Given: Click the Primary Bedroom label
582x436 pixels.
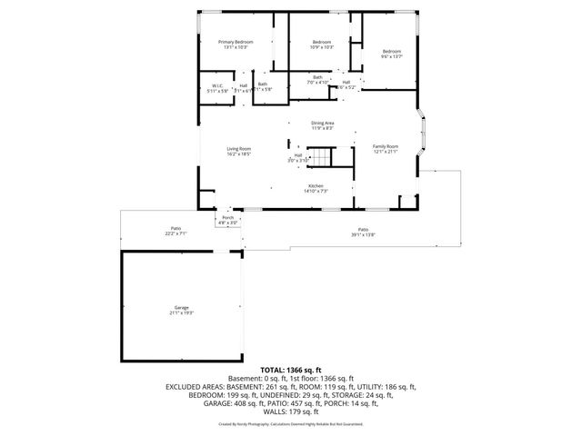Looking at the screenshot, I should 236,43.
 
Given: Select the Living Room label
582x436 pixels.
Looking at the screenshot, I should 239,149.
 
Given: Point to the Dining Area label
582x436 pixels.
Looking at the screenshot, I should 323,124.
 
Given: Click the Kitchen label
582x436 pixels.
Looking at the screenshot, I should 316,186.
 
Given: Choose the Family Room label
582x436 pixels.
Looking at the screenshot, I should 386,146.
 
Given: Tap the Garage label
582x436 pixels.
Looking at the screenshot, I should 182,309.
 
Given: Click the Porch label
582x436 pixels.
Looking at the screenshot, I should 228,218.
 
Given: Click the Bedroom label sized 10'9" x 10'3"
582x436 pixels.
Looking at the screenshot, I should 322,43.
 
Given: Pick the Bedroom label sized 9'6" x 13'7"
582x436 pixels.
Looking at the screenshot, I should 391,51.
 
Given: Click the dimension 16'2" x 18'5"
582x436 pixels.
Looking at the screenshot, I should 239,154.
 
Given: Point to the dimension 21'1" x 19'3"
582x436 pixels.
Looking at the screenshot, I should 182,313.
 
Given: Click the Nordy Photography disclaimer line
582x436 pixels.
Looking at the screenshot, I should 290,423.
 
